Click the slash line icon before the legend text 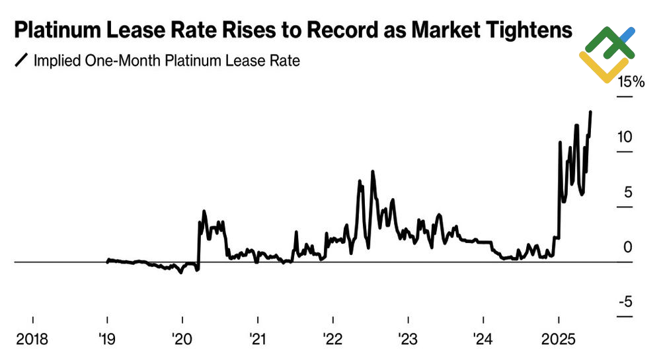click(21, 61)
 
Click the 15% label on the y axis click(630, 83)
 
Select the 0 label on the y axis click(628, 247)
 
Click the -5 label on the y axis click(625, 302)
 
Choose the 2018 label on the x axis click(32, 340)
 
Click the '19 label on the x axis click(107, 340)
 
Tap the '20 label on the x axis click(182, 340)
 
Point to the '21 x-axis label click(257, 340)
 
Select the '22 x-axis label click(332, 340)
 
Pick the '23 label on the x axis click(408, 340)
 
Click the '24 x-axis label click(483, 340)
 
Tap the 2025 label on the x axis click(558, 340)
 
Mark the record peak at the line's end click(590, 112)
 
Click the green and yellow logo click(607, 54)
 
